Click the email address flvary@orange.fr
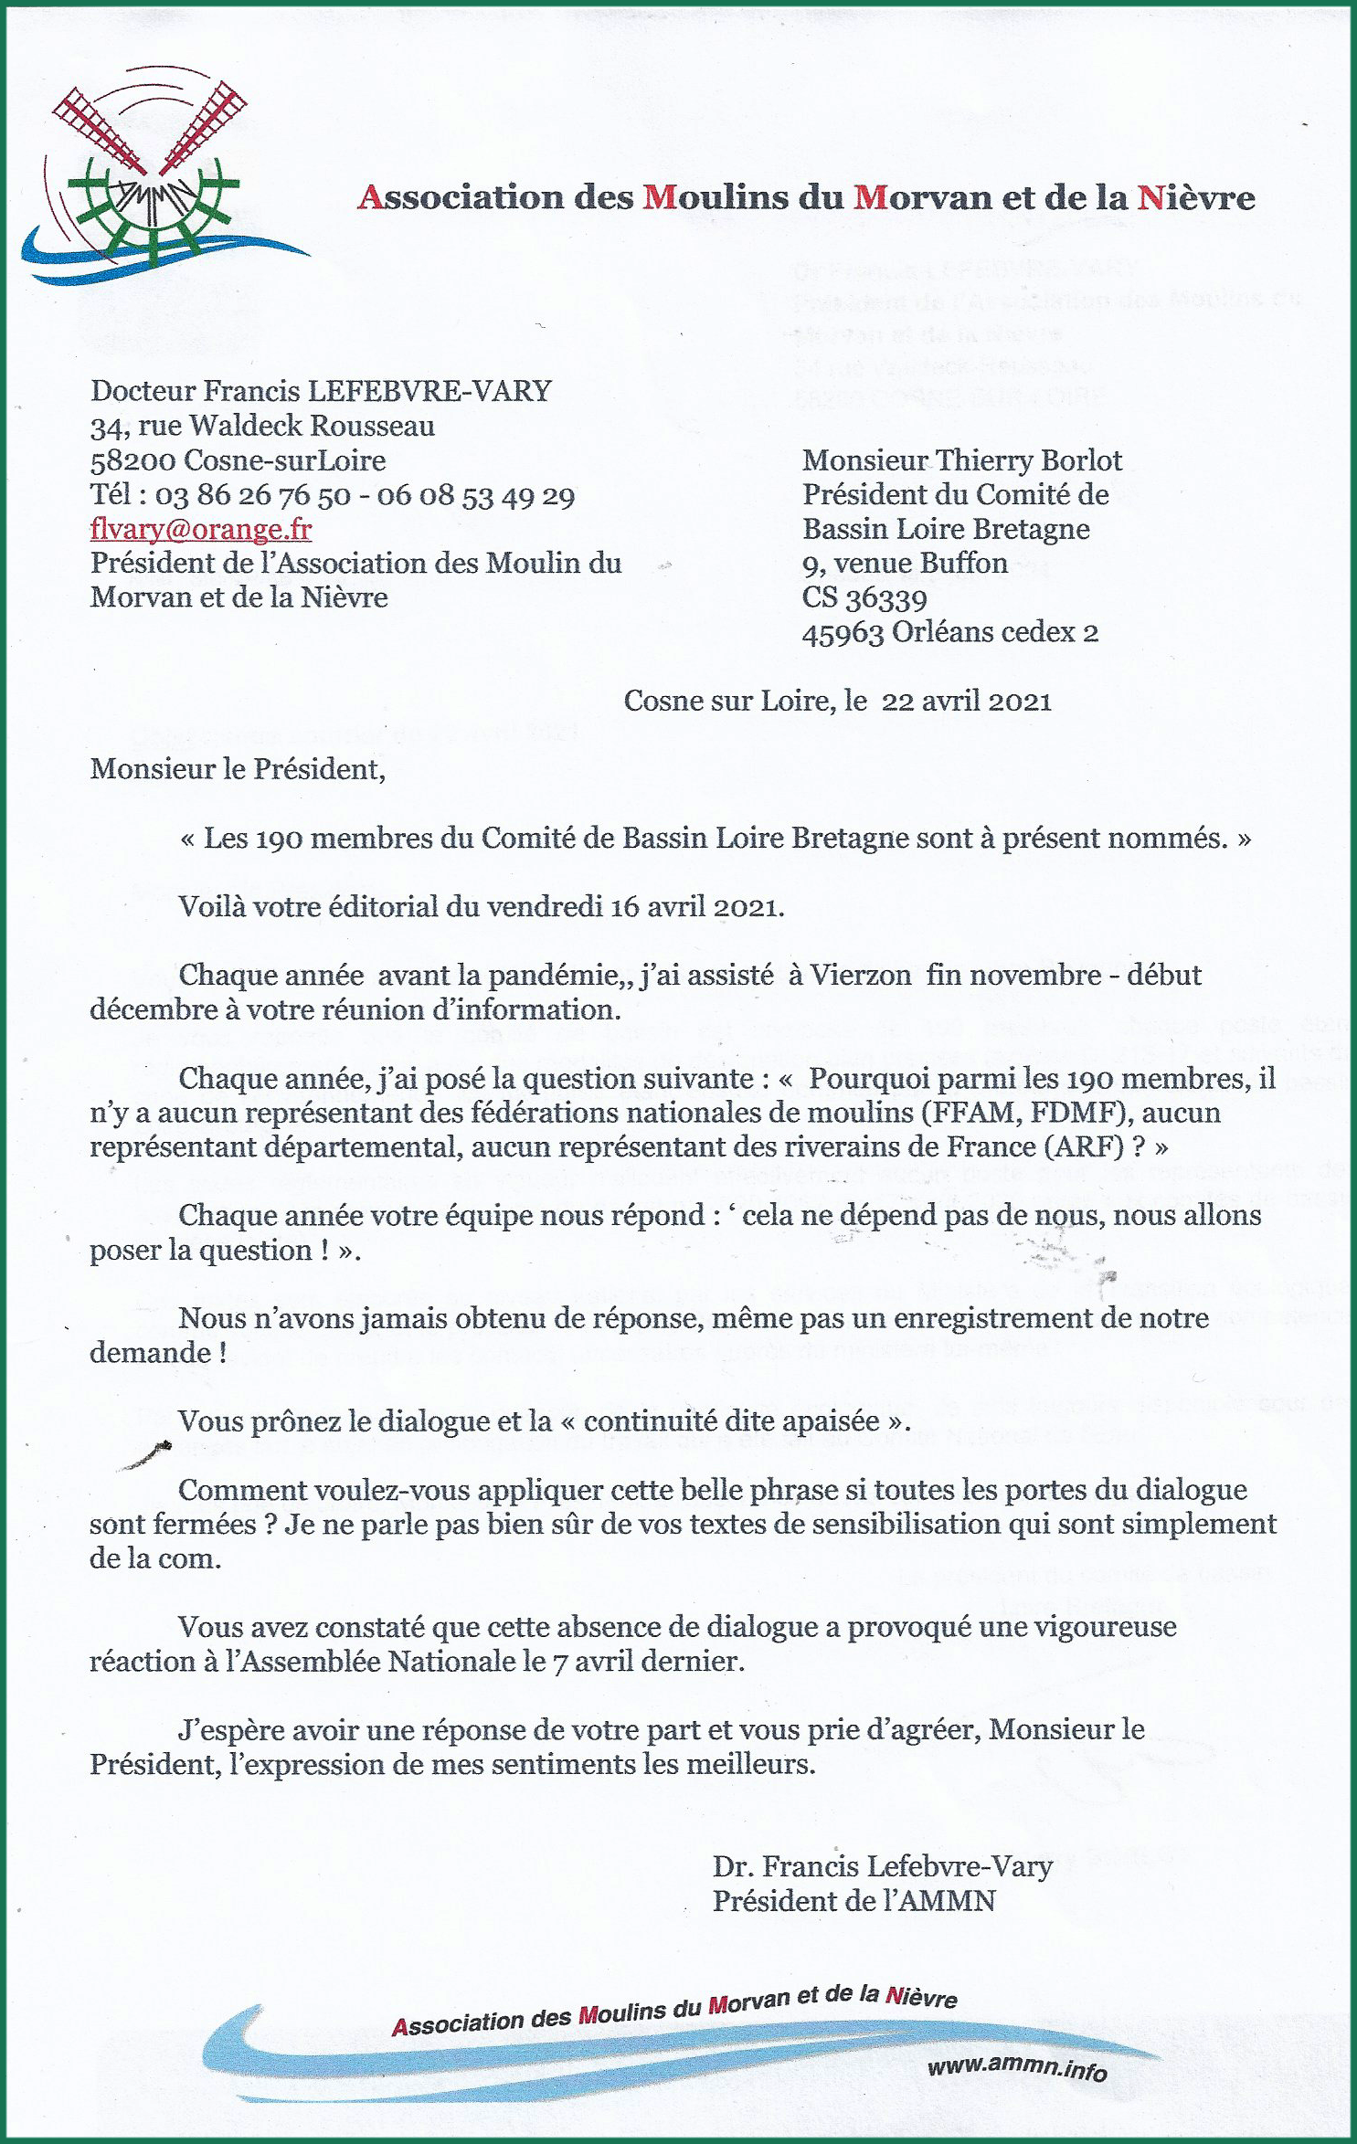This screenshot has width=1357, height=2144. (x=200, y=529)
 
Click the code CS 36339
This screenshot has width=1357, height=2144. (x=864, y=598)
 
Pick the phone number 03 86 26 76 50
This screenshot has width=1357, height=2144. (x=252, y=495)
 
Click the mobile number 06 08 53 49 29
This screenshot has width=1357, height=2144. (x=475, y=495)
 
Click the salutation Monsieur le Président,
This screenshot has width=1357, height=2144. (x=238, y=769)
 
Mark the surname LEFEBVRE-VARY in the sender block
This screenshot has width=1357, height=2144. (x=429, y=391)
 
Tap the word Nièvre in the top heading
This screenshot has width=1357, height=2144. (x=1196, y=197)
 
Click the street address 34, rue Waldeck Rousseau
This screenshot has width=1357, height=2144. (x=262, y=426)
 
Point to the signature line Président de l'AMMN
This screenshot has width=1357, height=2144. (x=853, y=1901)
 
